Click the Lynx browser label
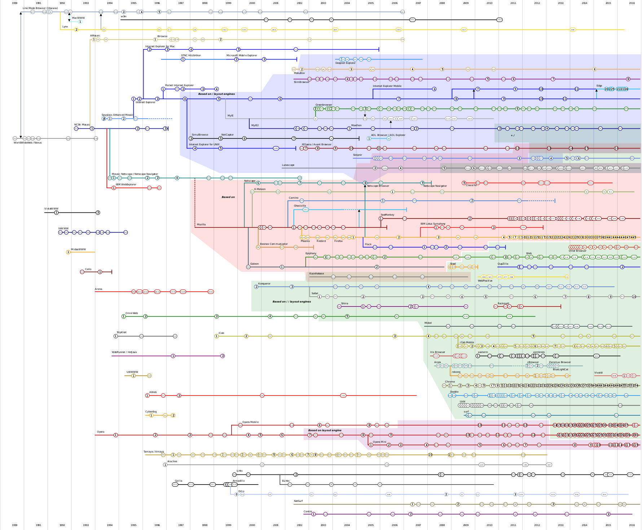pos(65,27)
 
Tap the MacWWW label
pos(78,18)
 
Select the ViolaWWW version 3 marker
pos(98,213)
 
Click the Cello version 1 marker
pos(100,272)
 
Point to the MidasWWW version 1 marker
pos(68,252)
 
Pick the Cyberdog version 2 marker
pos(173,415)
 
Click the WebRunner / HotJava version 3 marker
pos(223,356)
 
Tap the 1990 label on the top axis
pos(15,3)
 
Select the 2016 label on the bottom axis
pos(632,525)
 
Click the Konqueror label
pos(264,284)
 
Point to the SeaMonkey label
pos(387,215)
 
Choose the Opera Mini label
pos(379,442)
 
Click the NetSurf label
pos(298,501)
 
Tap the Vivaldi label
pos(598,373)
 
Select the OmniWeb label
pos(132,313)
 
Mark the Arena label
pos(98,289)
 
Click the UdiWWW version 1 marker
pos(133,376)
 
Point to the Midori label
pos(428,323)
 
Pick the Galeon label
pos(254,264)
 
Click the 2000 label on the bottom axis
pos(252,525)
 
